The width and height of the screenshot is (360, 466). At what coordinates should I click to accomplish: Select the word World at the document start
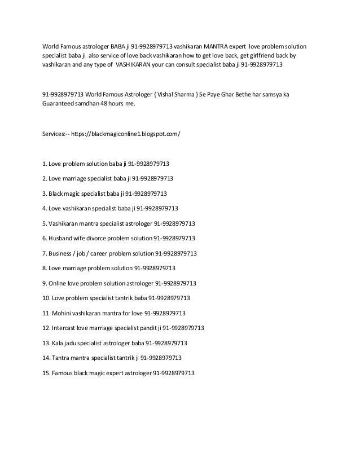point(52,45)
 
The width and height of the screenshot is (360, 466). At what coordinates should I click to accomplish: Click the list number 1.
point(45,164)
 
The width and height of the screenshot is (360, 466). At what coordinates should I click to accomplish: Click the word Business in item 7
point(62,253)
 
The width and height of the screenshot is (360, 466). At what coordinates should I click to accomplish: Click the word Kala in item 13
point(59,342)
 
